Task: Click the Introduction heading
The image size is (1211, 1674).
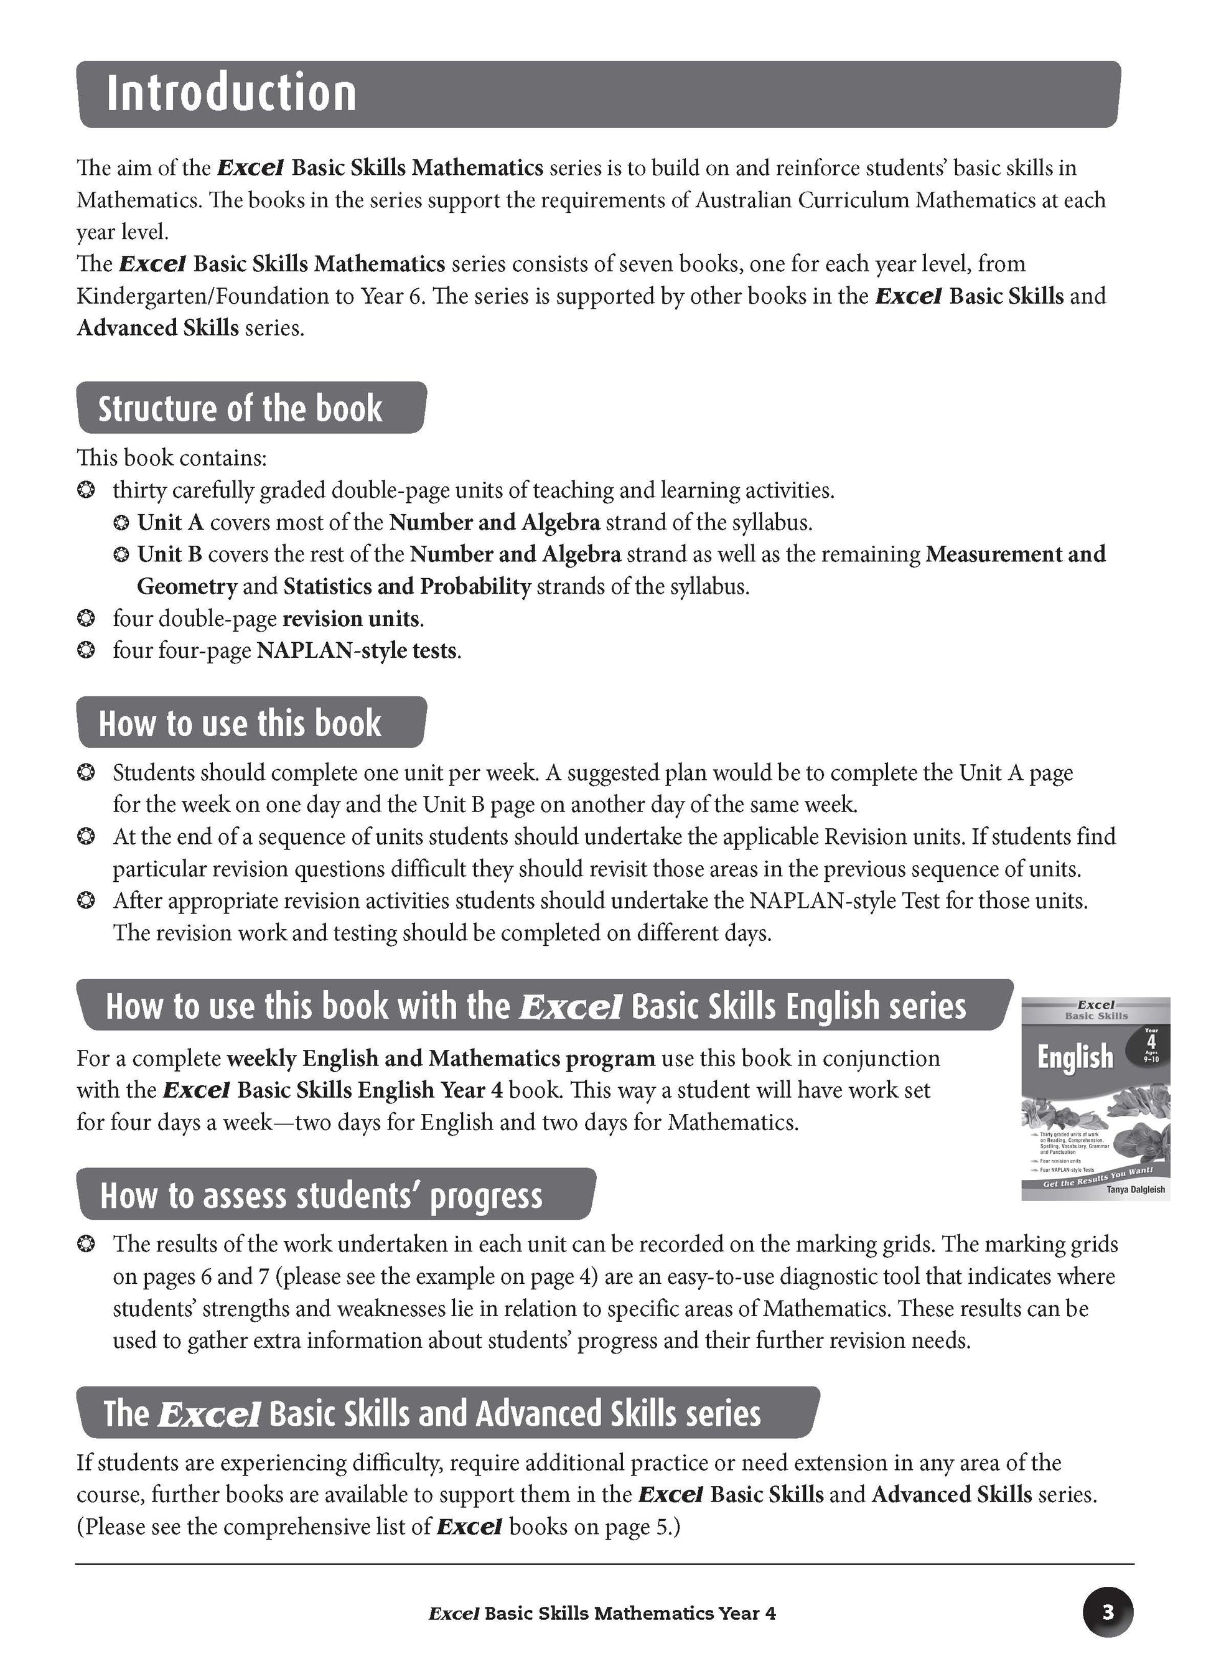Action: pyautogui.click(x=231, y=94)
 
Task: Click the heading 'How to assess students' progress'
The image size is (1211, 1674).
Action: pyautogui.click(x=321, y=1195)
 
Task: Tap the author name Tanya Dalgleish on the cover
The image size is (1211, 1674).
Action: pyautogui.click(x=1135, y=1189)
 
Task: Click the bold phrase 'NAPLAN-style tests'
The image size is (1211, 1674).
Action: pyautogui.click(x=357, y=650)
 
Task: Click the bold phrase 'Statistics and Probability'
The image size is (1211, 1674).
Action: pyautogui.click(x=408, y=587)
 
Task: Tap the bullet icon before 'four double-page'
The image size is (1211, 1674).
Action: pyautogui.click(x=86, y=619)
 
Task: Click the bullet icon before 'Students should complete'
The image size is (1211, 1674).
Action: pyautogui.click(x=86, y=773)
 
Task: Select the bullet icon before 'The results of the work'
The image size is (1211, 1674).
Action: pyautogui.click(x=86, y=1245)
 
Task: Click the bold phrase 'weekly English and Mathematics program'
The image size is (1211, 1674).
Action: pyautogui.click(x=441, y=1059)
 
